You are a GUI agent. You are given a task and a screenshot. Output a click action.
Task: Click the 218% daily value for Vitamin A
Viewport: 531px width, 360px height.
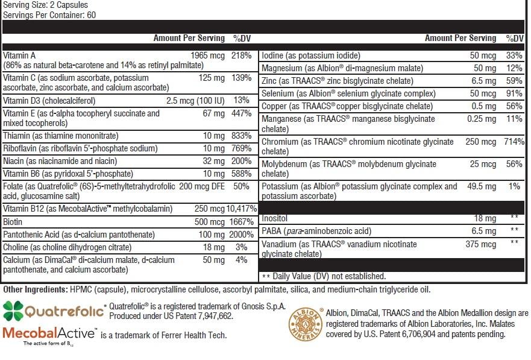pyautogui.click(x=241, y=55)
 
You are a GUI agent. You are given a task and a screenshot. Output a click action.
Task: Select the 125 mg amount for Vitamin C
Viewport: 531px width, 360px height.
pyautogui.click(x=212, y=78)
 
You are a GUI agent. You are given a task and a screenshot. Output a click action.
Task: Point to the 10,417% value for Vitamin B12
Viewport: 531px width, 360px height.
pyautogui.click(x=237, y=209)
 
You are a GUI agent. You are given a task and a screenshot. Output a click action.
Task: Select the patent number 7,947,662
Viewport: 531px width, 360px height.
pyautogui.click(x=215, y=316)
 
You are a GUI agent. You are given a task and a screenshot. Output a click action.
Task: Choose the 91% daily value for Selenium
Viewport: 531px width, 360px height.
pyautogui.click(x=513, y=93)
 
